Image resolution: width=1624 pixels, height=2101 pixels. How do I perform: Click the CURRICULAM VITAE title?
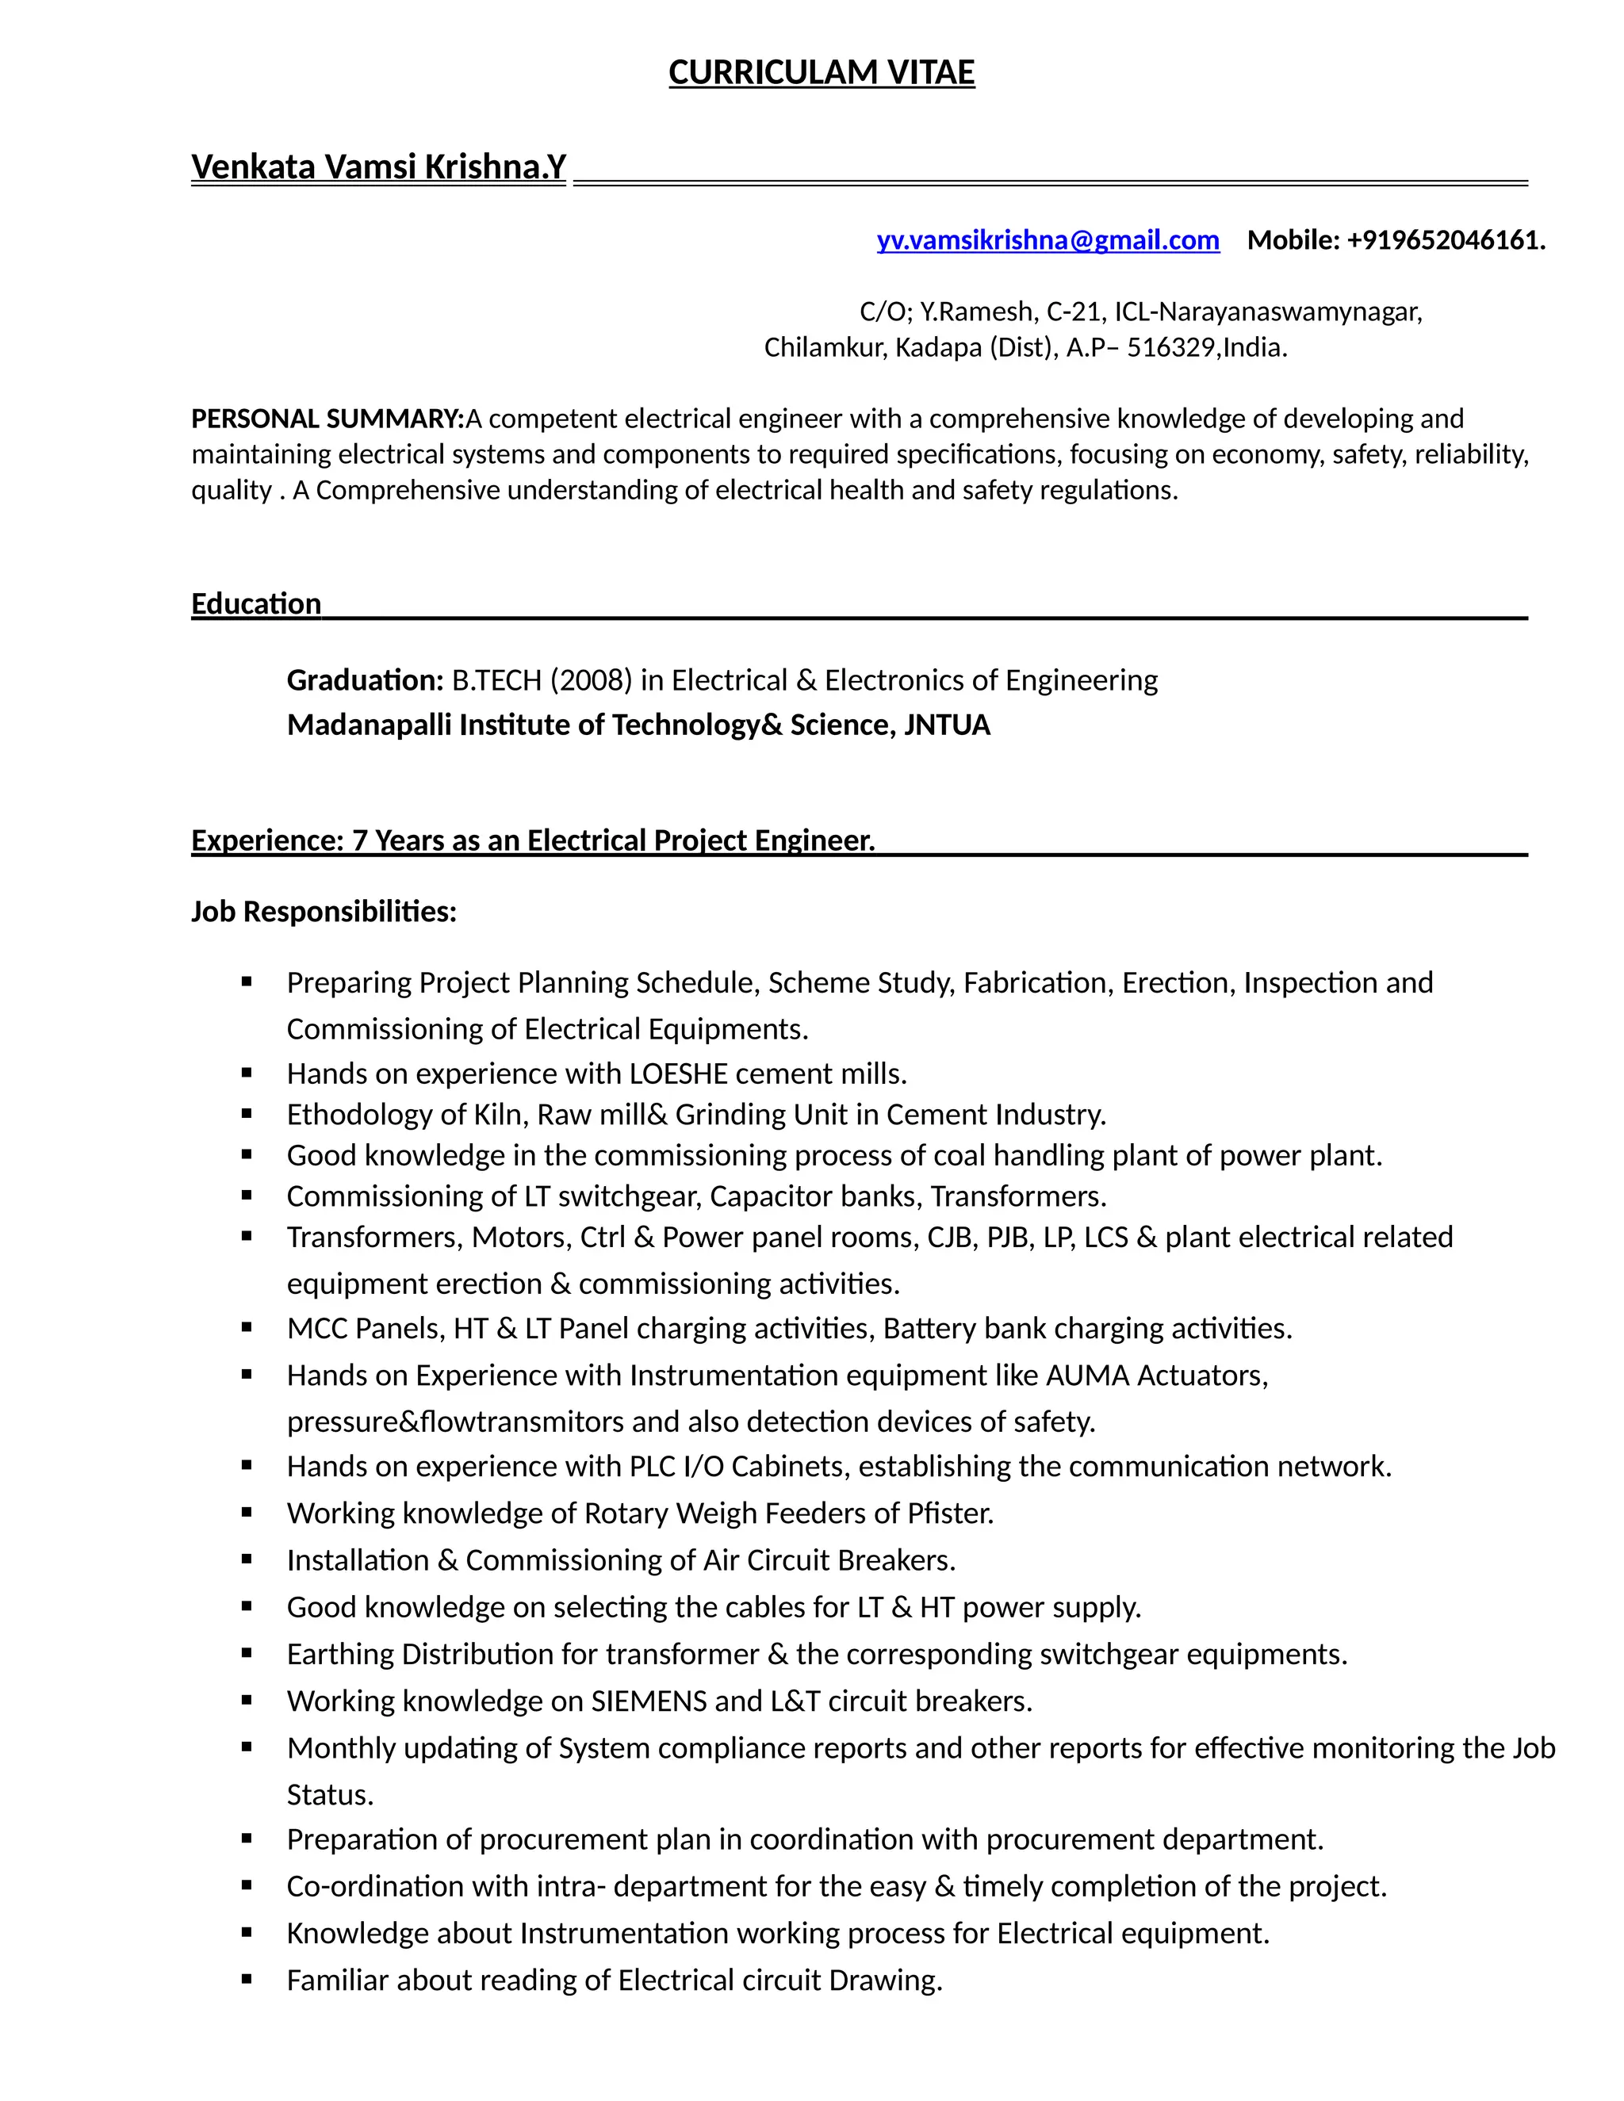coord(821,72)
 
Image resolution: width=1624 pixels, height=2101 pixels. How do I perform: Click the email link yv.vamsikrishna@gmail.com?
coord(1047,239)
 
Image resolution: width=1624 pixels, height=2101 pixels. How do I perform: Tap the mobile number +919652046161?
coord(1442,239)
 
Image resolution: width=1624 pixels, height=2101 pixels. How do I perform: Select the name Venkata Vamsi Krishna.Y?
coord(378,166)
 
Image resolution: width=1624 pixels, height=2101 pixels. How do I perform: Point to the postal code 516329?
coord(1170,347)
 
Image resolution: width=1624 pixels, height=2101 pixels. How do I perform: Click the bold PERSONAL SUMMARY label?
coord(327,419)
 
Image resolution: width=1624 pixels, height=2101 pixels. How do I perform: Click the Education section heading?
coord(256,603)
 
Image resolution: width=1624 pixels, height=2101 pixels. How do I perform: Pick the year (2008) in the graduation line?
coord(591,680)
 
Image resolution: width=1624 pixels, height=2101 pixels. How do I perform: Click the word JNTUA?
coord(947,725)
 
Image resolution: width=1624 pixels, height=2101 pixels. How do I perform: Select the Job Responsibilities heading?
coord(324,910)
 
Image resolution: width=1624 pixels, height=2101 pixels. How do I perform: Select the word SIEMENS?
coord(649,1700)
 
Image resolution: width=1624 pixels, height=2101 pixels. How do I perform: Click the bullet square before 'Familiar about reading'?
coord(247,1979)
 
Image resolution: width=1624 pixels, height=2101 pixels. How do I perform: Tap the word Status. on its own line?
coord(329,1794)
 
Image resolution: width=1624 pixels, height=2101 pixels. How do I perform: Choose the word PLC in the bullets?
coord(653,1465)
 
